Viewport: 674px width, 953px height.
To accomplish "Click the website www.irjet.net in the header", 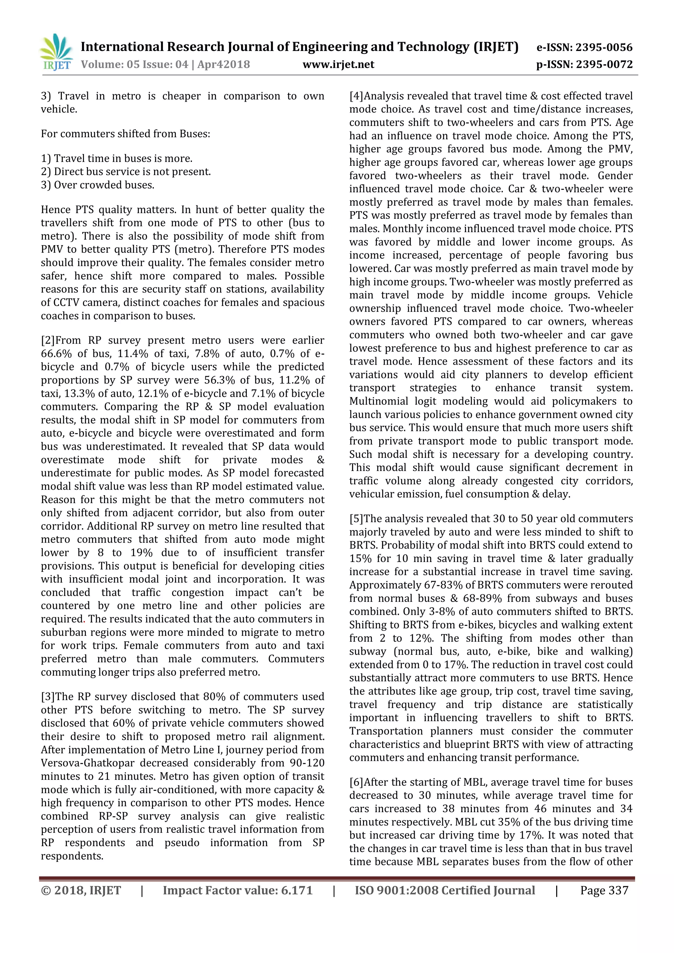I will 338,64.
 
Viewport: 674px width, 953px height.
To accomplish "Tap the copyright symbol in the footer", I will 45,890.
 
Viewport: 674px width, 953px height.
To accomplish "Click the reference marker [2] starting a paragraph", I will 48,340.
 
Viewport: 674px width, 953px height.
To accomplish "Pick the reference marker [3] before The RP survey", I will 48,697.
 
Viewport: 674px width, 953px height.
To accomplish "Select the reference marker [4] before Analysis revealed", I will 356,96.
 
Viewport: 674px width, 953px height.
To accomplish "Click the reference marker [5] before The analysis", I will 356,519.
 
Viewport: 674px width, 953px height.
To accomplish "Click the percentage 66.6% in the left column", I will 53,354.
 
